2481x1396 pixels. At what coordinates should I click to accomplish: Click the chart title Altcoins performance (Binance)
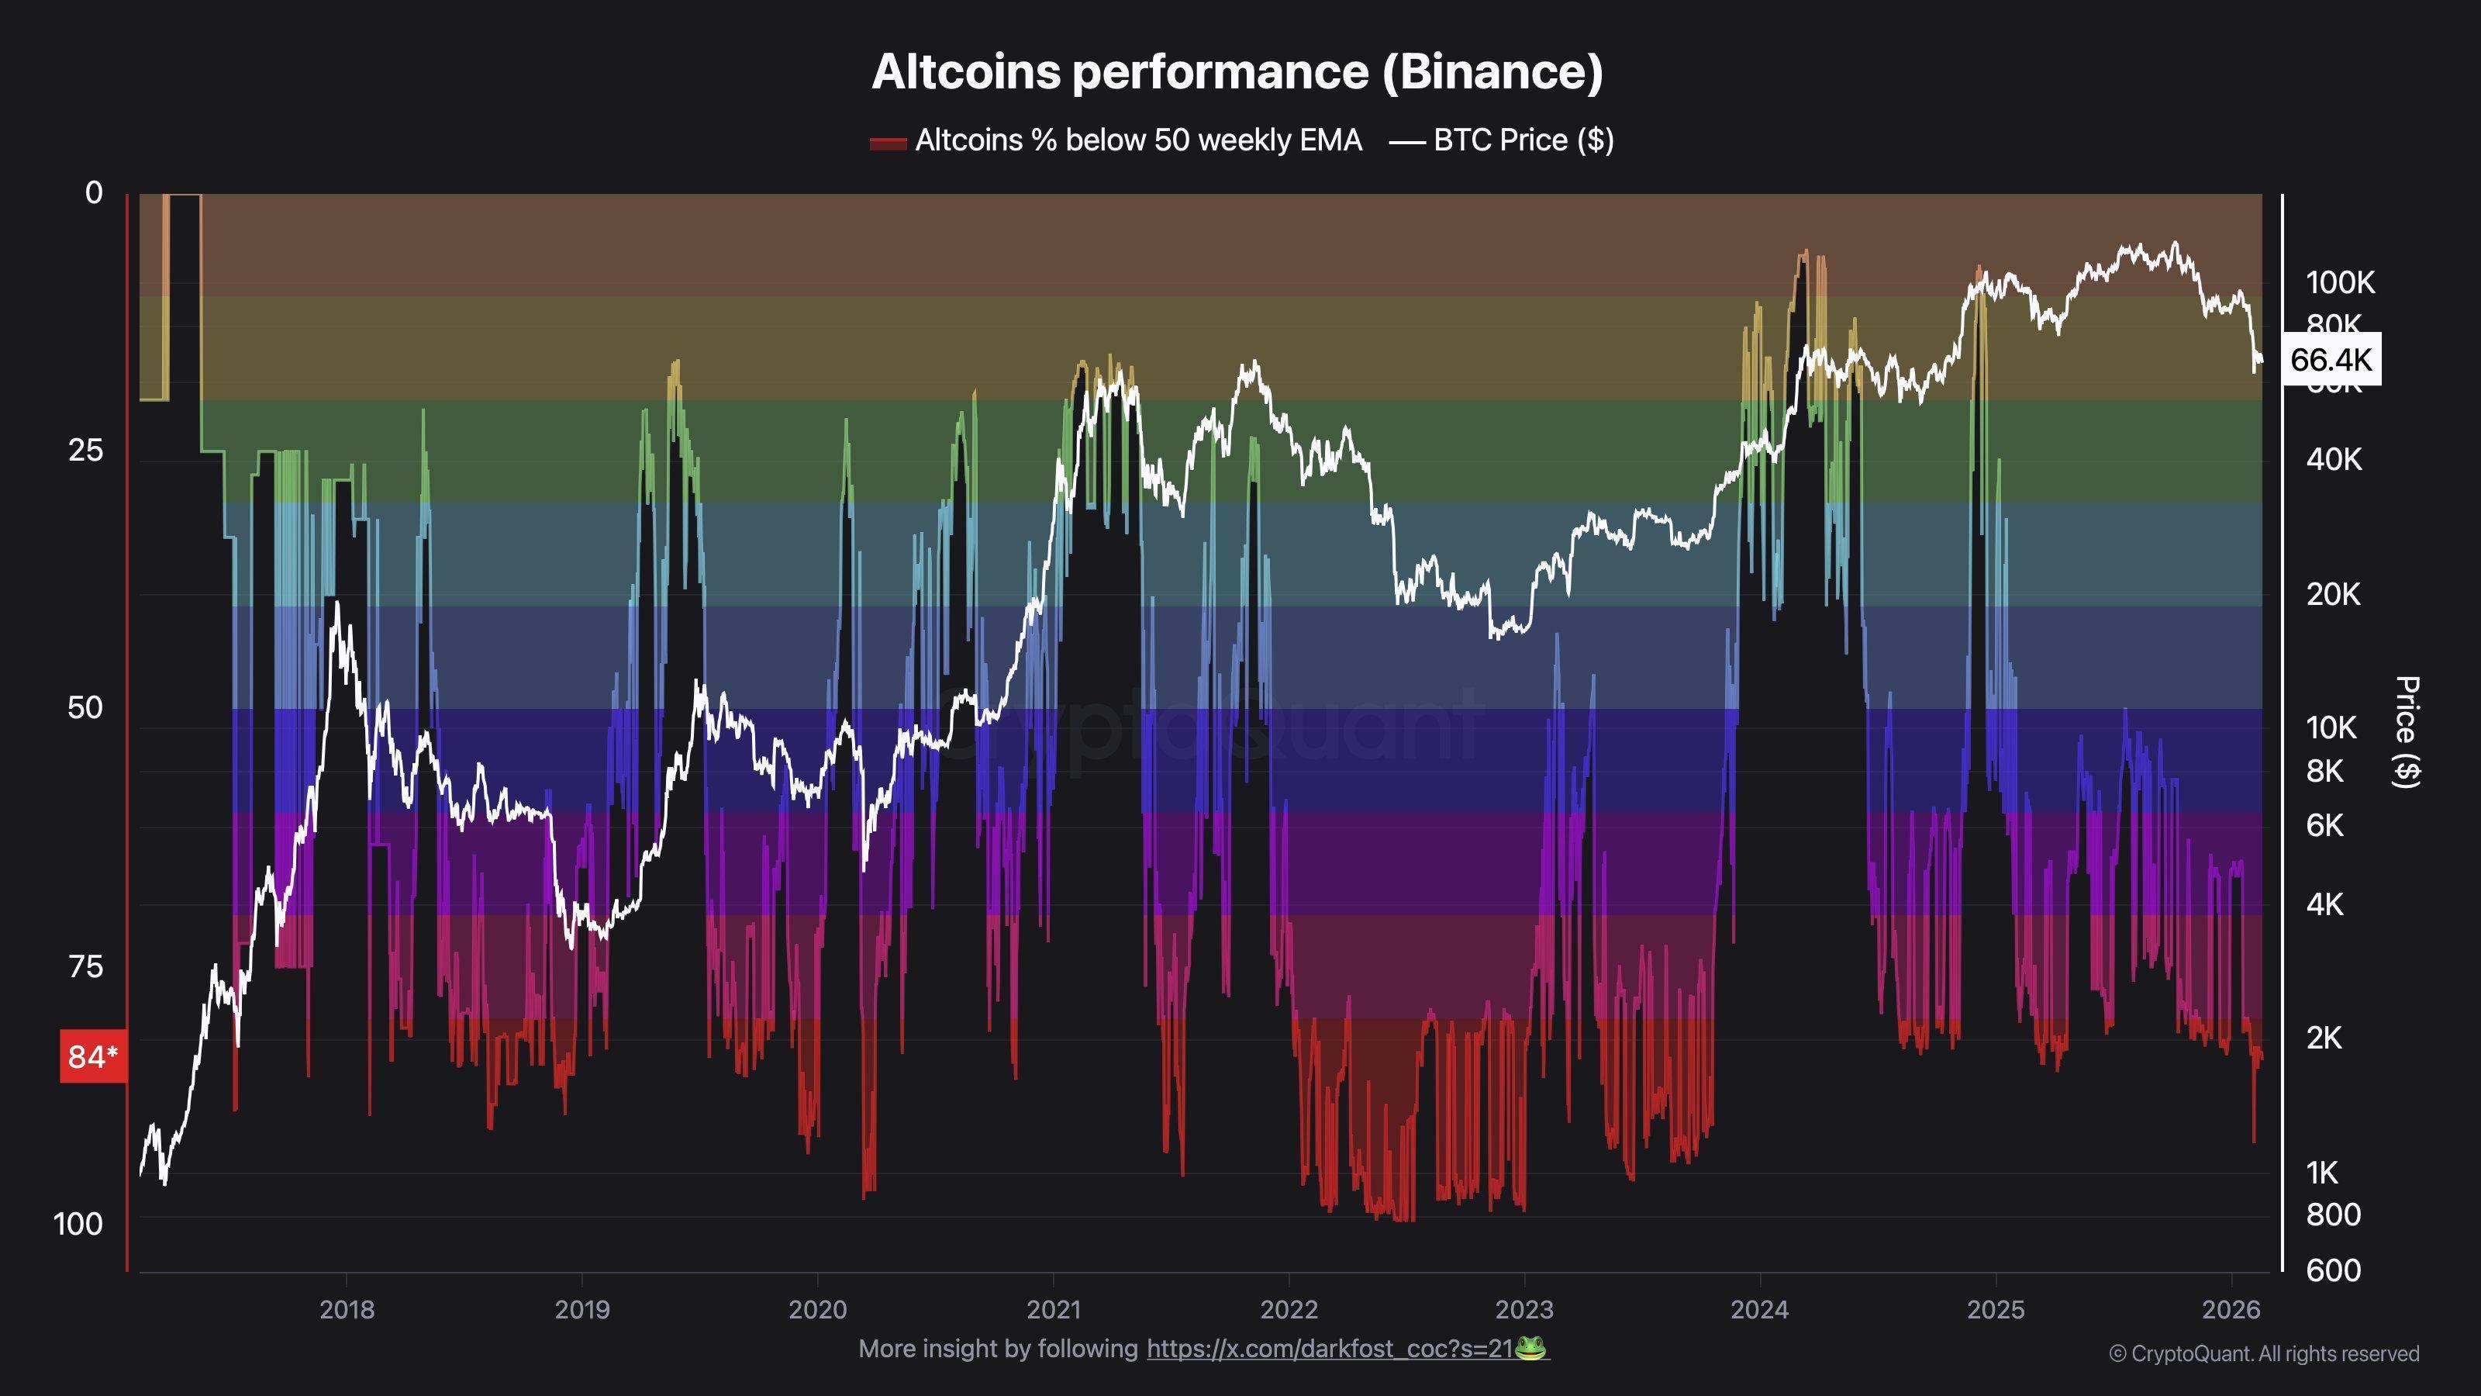(x=1237, y=72)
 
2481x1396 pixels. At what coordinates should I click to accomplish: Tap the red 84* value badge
(x=92, y=1057)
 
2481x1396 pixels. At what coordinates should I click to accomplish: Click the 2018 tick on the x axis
(x=347, y=1309)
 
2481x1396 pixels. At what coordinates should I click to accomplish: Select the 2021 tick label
(x=1053, y=1309)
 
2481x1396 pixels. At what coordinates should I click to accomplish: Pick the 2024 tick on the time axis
(x=1760, y=1309)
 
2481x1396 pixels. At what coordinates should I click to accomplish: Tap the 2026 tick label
(x=2231, y=1309)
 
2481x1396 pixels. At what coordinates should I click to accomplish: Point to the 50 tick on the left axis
(x=85, y=708)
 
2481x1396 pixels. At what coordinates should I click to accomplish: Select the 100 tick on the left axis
(x=78, y=1225)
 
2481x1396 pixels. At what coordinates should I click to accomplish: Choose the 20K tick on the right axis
(x=2333, y=594)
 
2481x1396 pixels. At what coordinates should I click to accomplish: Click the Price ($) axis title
(x=2406, y=732)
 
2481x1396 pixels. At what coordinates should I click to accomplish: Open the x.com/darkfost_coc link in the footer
(x=1329, y=1349)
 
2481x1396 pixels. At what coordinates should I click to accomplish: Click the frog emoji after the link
(x=1530, y=1348)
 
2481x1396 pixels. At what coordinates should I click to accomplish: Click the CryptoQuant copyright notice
(x=2263, y=1353)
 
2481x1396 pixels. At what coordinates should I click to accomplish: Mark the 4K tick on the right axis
(x=2324, y=904)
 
